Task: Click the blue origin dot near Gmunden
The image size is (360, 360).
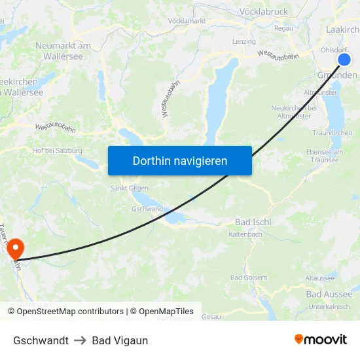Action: [x=344, y=60]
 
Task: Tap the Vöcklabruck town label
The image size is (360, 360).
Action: [x=264, y=11]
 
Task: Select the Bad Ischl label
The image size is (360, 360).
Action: [x=253, y=222]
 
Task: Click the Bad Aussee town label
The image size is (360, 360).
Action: [x=329, y=294]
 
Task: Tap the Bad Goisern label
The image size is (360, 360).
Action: [x=249, y=278]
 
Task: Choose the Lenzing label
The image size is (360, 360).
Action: [x=244, y=42]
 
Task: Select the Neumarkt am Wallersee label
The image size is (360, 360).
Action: [x=63, y=51]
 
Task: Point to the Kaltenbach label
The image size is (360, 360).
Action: [x=245, y=234]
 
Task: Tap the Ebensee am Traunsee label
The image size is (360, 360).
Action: [x=324, y=156]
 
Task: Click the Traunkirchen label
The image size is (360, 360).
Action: [x=333, y=133]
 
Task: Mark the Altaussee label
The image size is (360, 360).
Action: [x=320, y=278]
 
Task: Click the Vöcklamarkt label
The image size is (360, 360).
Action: [x=187, y=21]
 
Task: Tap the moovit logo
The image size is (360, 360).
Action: [x=320, y=339]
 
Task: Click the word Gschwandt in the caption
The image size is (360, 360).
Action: [x=41, y=340]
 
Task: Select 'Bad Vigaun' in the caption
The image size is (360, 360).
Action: [x=120, y=340]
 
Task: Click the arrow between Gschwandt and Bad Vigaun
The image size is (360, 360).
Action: [x=81, y=340]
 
